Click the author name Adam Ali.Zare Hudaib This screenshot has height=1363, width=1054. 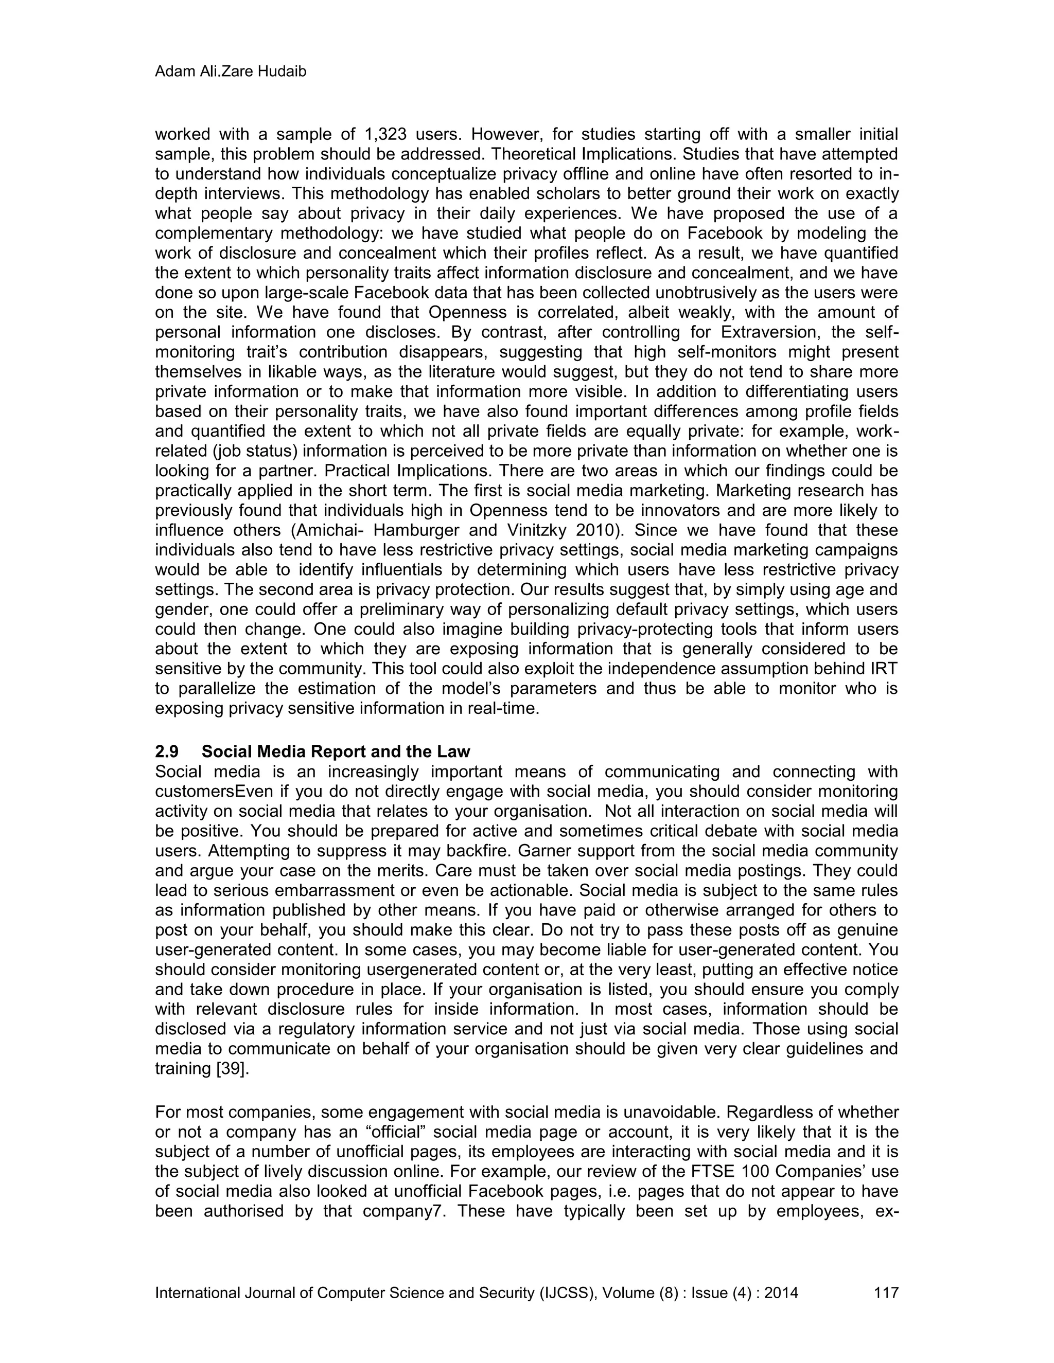[231, 73]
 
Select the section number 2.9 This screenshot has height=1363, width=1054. [167, 751]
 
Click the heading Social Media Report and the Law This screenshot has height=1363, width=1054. [336, 751]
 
